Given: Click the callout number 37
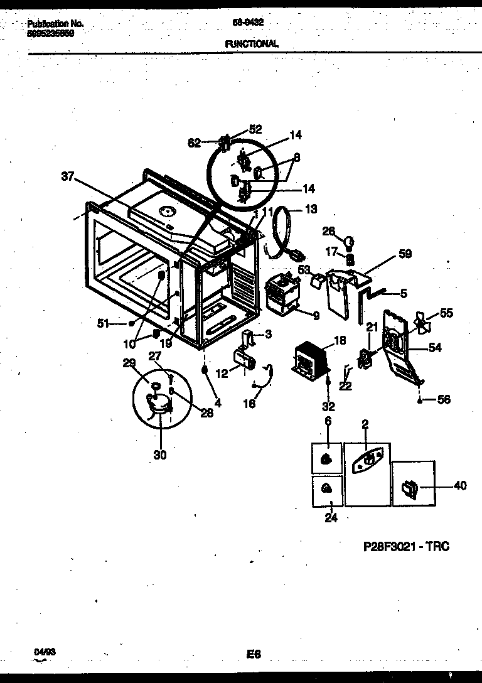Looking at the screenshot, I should [68, 178].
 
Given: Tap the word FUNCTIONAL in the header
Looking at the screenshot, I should [251, 44].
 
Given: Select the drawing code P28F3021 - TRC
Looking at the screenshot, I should [406, 546].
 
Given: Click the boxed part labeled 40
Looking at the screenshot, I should [409, 487].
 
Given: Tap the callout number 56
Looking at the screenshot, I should [443, 400].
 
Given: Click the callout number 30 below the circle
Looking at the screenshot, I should [160, 455].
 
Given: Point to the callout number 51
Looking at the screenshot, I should [104, 323].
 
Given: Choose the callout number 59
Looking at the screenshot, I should [405, 255].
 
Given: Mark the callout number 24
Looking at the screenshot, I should [331, 518].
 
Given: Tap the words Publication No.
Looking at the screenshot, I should [56, 24].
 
